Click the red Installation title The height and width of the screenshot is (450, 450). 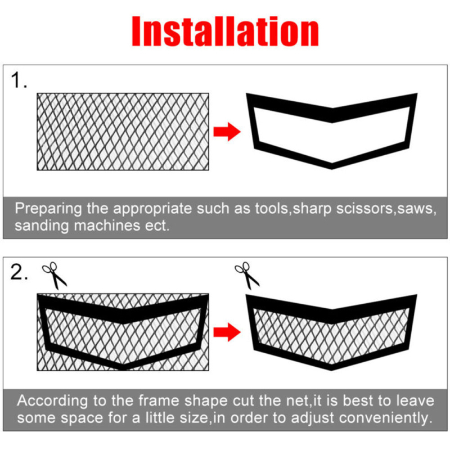[226, 31]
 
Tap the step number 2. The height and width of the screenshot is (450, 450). [18, 272]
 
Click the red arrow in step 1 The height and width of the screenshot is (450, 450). [227, 132]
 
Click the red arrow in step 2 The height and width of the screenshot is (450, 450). [227, 332]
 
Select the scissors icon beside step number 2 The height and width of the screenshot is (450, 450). [54, 275]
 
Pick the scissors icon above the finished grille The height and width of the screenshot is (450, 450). [247, 275]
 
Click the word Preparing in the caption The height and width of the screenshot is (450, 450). [48, 209]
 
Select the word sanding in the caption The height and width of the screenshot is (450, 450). [42, 226]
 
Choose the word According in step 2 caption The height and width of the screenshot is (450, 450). [52, 401]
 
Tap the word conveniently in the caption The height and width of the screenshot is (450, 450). [386, 418]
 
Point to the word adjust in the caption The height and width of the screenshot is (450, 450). [313, 418]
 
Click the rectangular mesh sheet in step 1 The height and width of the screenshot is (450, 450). [123, 132]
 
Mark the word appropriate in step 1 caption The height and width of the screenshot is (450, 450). [152, 209]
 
